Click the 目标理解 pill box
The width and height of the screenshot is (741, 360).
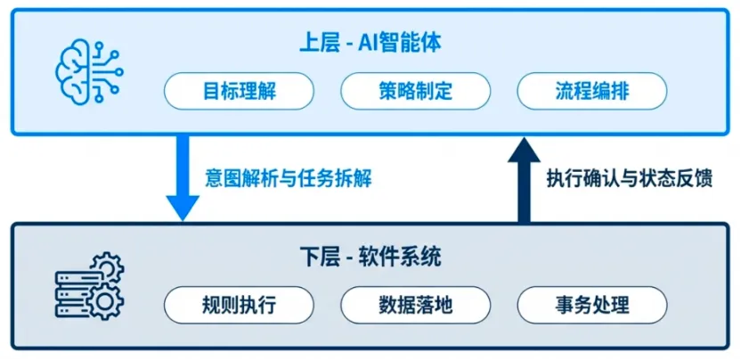[239, 91]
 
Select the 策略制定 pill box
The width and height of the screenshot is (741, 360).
[415, 91]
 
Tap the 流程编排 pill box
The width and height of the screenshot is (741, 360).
[591, 91]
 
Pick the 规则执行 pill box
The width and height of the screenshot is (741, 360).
[239, 305]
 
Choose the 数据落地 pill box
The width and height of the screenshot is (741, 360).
[415, 305]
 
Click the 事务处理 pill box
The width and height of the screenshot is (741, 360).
[591, 305]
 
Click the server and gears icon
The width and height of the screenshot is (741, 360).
[89, 285]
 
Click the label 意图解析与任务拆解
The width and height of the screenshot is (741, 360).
[288, 177]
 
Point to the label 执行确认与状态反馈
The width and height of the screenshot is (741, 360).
[630, 177]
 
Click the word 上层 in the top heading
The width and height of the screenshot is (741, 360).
[316, 42]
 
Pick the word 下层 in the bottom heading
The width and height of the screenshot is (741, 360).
[317, 258]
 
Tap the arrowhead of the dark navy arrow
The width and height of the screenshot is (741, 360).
[524, 151]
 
